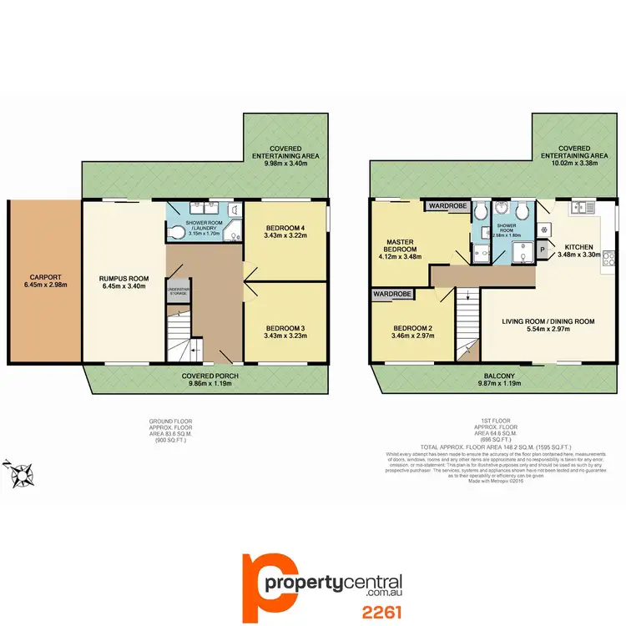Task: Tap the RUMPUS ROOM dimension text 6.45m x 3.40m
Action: coord(124,286)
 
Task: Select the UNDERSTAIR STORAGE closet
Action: coord(179,291)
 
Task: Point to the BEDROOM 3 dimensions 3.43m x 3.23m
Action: coord(285,336)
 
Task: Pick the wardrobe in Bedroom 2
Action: coord(392,294)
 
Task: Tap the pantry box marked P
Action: coord(542,249)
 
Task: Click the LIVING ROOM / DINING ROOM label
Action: coord(548,321)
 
